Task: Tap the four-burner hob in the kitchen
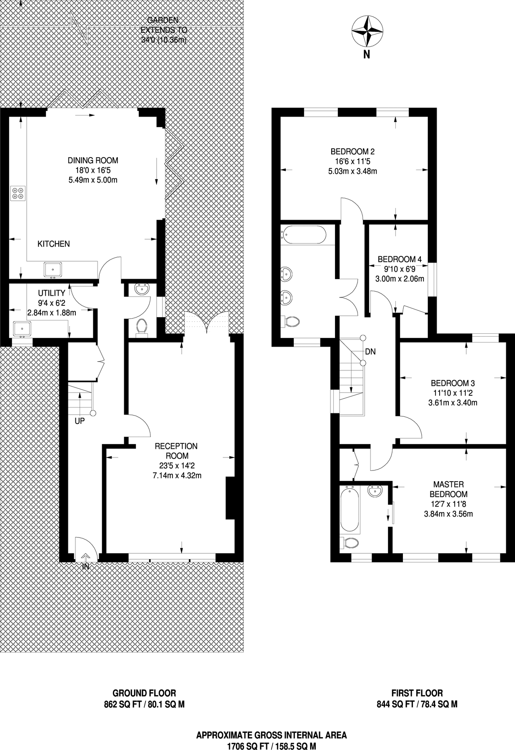tap(18, 193)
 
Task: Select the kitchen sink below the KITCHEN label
tap(53, 270)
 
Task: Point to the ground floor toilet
tap(142, 326)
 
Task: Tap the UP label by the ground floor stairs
tap(80, 421)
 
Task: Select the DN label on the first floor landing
tap(370, 352)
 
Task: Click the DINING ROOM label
tap(93, 160)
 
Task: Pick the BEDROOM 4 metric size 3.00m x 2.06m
tap(400, 279)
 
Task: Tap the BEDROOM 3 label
tap(452, 383)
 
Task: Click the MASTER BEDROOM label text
tap(448, 489)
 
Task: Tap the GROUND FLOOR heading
tap(144, 693)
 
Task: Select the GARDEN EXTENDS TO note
tap(163, 30)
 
